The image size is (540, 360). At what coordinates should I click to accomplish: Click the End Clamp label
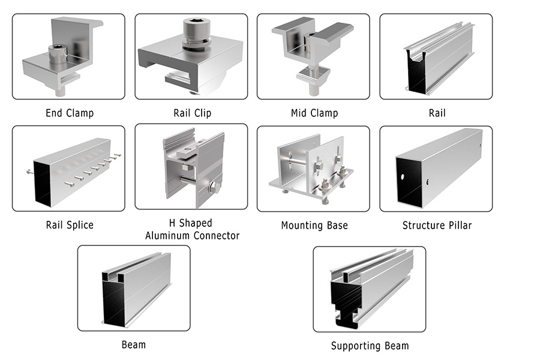[70, 112]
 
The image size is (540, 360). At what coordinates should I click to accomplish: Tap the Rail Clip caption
[192, 112]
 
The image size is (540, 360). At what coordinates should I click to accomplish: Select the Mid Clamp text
[314, 112]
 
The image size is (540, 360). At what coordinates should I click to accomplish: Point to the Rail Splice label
[70, 225]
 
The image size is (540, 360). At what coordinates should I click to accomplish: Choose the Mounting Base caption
[314, 226]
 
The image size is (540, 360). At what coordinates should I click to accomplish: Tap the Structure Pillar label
[437, 226]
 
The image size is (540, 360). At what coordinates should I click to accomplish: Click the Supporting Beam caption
[370, 346]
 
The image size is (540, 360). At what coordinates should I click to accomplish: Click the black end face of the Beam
[110, 303]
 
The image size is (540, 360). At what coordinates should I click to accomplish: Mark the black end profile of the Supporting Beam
[346, 300]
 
